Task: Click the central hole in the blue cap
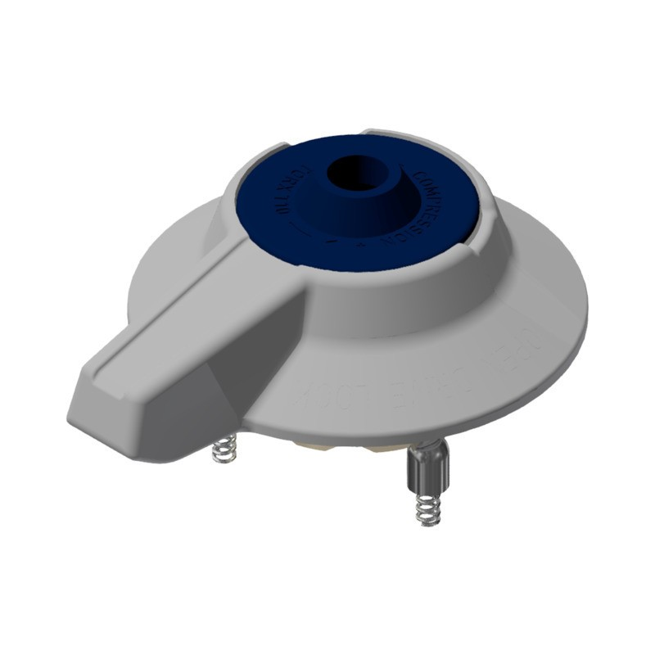click(x=359, y=174)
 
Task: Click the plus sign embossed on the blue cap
click(x=357, y=243)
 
